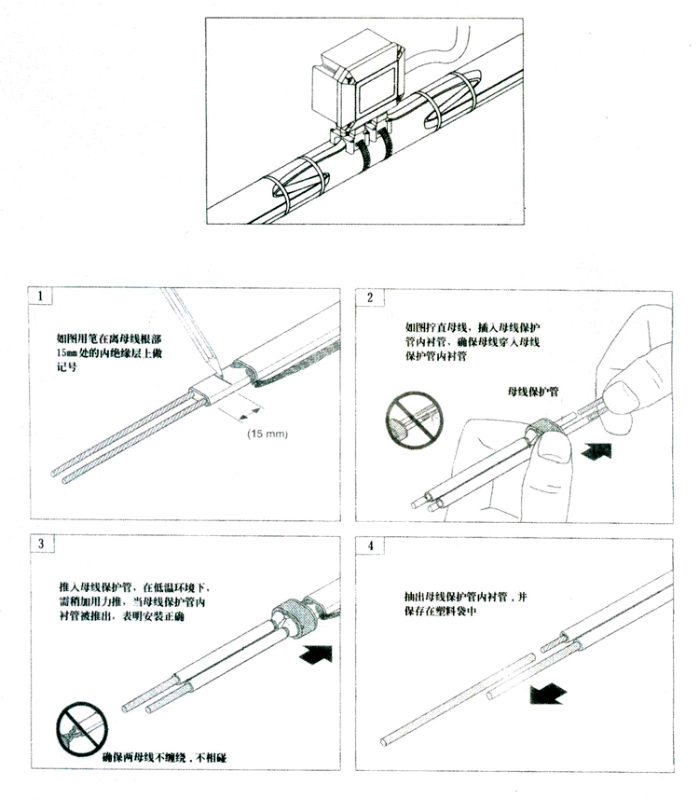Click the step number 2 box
(x=370, y=297)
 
